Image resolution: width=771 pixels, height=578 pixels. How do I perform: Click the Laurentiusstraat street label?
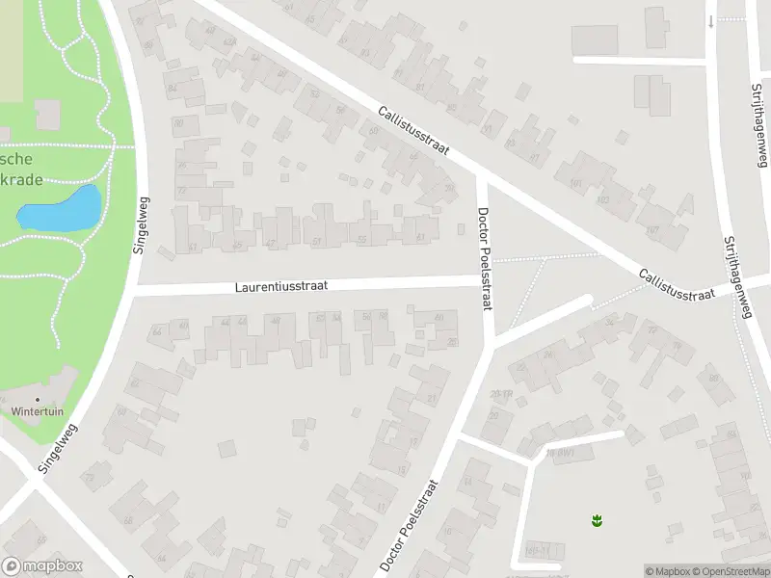pyautogui.click(x=283, y=286)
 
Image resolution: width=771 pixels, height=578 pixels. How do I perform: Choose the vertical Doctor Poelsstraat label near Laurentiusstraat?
pyautogui.click(x=485, y=257)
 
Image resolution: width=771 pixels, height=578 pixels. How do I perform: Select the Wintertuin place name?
pyautogui.click(x=38, y=411)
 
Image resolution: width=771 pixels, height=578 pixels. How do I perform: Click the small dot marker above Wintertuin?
pyautogui.click(x=39, y=398)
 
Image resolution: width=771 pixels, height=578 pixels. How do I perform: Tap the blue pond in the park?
pyautogui.click(x=60, y=209)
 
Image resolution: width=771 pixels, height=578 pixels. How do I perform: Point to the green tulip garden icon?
pyautogui.click(x=596, y=521)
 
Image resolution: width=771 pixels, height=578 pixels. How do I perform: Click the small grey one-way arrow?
pyautogui.click(x=710, y=21)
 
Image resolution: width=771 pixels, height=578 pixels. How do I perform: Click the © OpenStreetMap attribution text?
pyautogui.click(x=732, y=571)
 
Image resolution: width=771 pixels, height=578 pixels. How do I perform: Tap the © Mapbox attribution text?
pyautogui.click(x=668, y=571)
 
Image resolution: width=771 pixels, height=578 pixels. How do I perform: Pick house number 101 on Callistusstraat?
pyautogui.click(x=576, y=184)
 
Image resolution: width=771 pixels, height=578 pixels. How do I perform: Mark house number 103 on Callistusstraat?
pyautogui.click(x=602, y=200)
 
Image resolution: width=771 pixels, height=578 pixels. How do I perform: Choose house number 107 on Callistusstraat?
pyautogui.click(x=652, y=229)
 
